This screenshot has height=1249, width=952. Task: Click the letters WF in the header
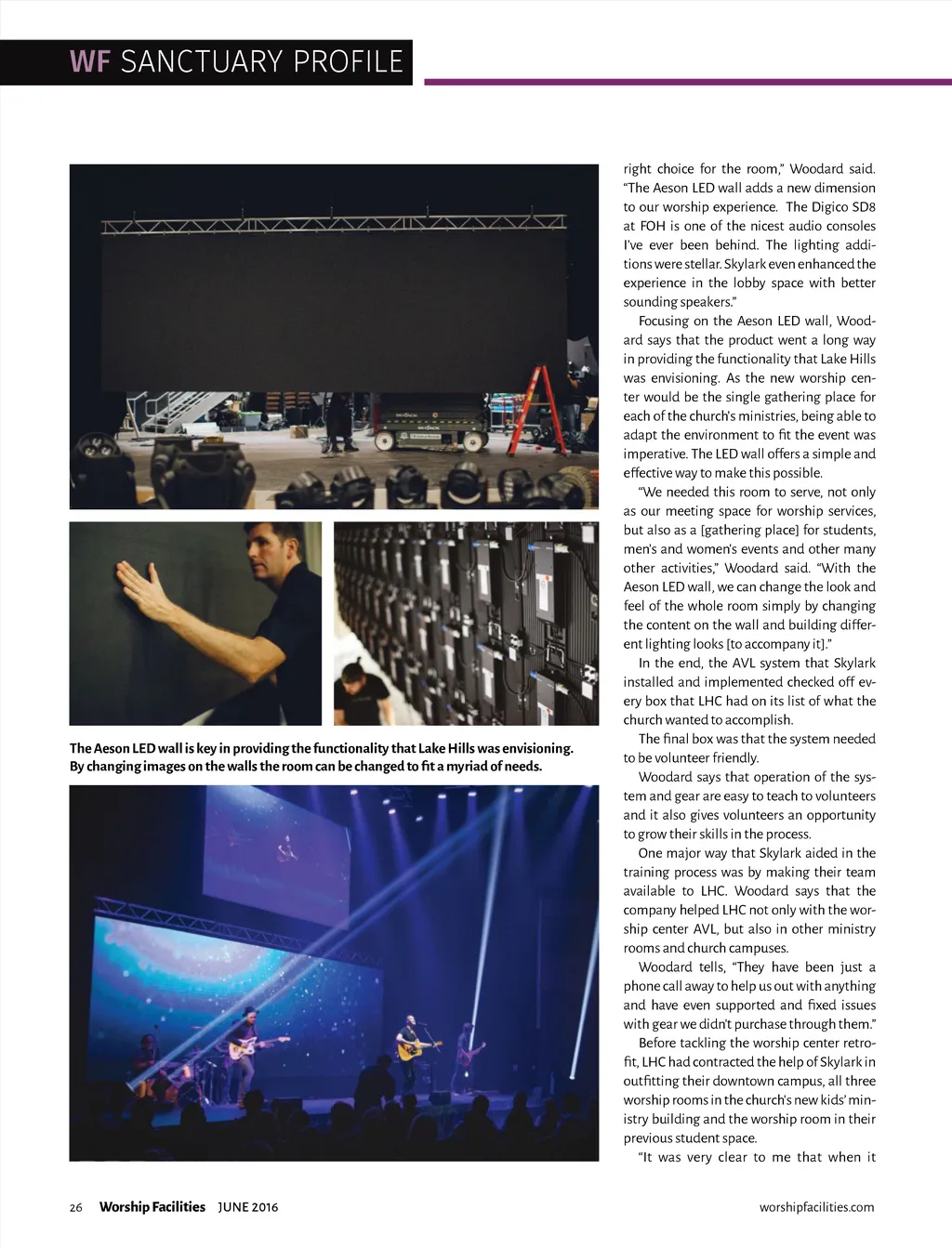pyautogui.click(x=89, y=62)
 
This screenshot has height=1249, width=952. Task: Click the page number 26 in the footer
pyautogui.click(x=76, y=1207)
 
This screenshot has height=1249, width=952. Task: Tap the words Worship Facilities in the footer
pyautogui.click(x=152, y=1207)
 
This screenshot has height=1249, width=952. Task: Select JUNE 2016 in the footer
pyautogui.click(x=248, y=1207)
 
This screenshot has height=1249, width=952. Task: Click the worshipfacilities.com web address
pyautogui.click(x=816, y=1207)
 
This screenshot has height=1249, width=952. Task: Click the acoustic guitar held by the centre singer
pyautogui.click(x=416, y=1049)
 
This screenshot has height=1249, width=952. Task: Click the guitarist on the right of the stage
pyautogui.click(x=467, y=1055)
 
